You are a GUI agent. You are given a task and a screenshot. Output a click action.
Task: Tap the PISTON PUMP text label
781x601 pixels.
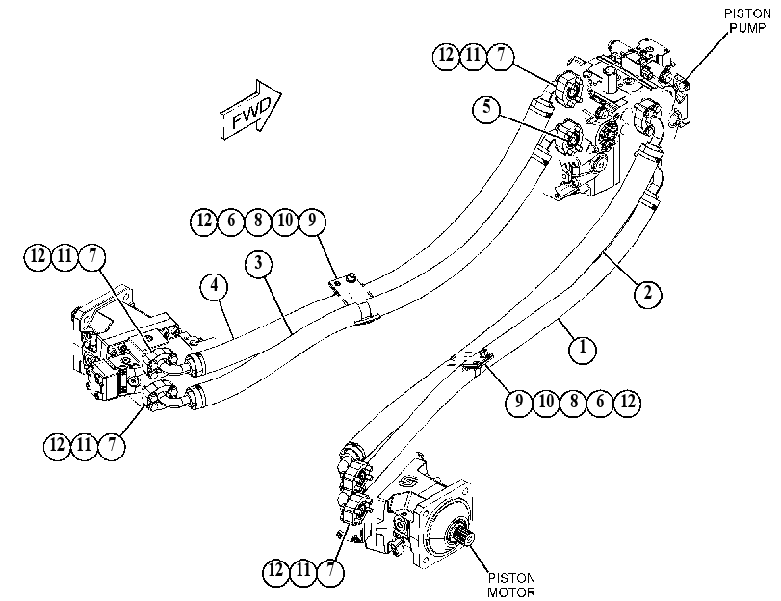click(x=747, y=20)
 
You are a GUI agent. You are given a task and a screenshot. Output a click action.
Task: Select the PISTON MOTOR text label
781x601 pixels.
click(x=511, y=585)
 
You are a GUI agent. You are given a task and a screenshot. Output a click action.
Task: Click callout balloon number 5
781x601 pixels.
click(x=486, y=107)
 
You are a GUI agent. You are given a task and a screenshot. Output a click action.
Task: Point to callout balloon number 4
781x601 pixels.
click(x=214, y=286)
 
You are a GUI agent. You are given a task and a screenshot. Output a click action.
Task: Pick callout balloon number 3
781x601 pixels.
click(x=258, y=263)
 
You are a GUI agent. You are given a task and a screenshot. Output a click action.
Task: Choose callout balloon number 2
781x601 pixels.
click(x=647, y=293)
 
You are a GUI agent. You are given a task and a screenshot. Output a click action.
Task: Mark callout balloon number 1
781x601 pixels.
click(x=583, y=348)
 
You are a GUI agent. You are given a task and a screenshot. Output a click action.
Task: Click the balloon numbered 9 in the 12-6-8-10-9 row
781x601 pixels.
click(x=312, y=221)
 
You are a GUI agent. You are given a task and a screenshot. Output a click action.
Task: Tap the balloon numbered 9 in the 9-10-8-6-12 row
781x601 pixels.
click(x=519, y=402)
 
